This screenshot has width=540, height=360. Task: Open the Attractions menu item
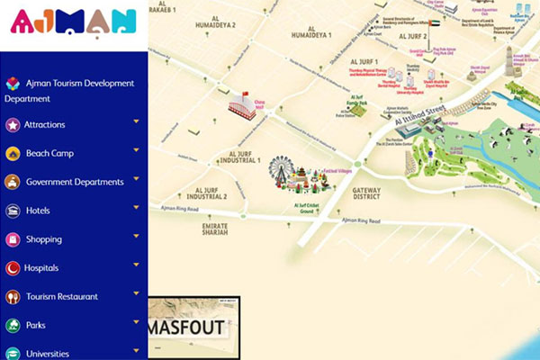[x=44, y=124]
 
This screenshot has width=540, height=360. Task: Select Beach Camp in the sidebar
[x=49, y=153]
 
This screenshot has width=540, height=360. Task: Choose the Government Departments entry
[x=75, y=182]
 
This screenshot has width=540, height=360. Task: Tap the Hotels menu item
[x=39, y=211]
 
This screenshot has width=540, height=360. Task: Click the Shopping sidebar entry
[x=43, y=239]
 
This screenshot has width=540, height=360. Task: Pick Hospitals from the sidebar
[x=41, y=268]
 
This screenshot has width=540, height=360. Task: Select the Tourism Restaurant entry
[x=61, y=296]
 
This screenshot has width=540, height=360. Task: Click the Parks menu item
[x=35, y=325]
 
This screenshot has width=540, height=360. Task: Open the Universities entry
[x=47, y=353]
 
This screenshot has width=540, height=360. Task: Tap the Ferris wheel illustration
[x=282, y=171]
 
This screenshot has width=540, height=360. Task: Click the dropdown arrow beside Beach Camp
[x=136, y=150]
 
